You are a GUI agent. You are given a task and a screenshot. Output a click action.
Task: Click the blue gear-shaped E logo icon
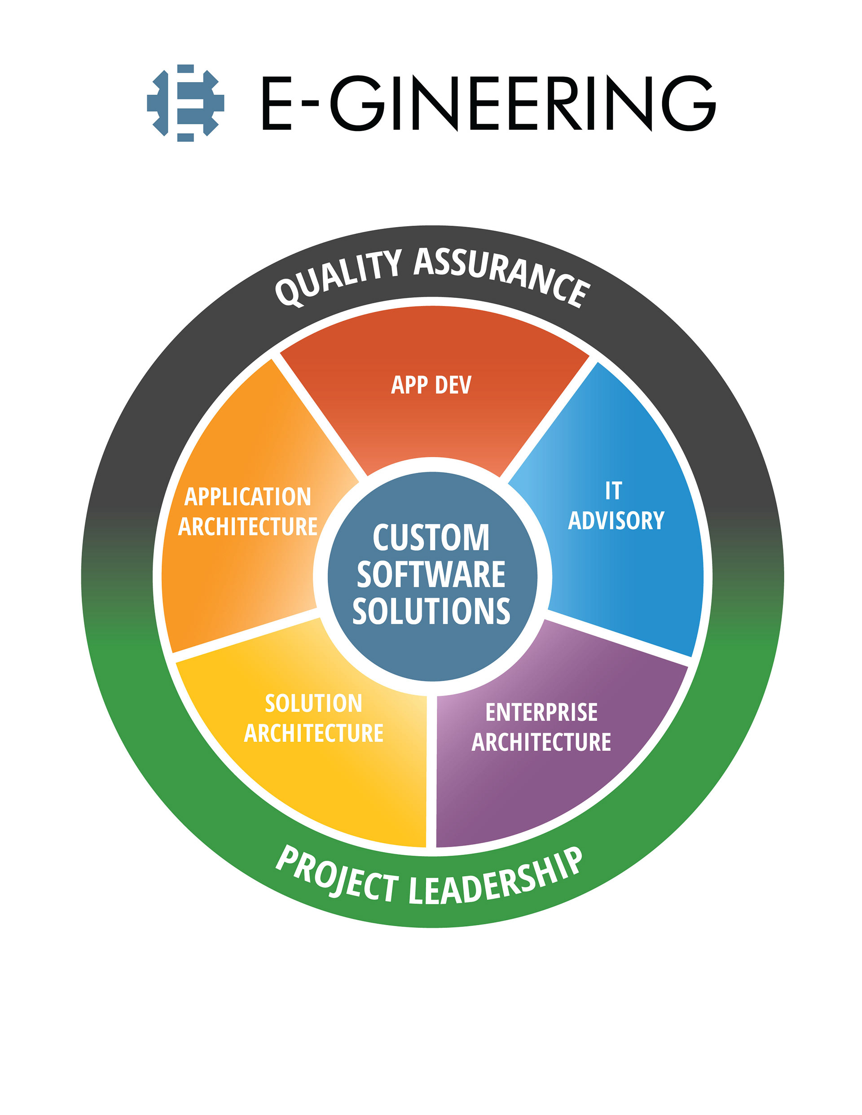(x=185, y=103)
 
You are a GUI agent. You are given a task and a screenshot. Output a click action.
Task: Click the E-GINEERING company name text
(x=488, y=104)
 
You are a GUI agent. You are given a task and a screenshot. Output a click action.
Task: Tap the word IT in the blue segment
(x=613, y=490)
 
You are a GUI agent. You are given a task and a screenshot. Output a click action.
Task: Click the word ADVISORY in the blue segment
(x=616, y=520)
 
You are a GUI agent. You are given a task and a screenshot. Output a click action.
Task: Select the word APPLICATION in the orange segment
(x=248, y=497)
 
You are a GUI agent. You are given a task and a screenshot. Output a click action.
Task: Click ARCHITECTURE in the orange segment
(x=248, y=526)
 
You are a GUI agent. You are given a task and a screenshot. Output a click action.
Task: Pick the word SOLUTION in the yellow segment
(x=314, y=704)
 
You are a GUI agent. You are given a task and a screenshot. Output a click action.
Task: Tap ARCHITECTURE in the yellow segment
(x=314, y=733)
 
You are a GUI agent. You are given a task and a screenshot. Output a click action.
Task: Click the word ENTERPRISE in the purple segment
(x=541, y=712)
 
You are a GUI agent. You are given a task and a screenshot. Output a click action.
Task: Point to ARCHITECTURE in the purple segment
(x=541, y=742)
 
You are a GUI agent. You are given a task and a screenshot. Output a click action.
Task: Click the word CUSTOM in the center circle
(x=431, y=538)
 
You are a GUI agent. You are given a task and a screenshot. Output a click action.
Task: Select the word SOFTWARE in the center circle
(x=431, y=574)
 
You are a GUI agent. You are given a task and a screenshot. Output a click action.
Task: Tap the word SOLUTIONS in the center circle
(x=431, y=611)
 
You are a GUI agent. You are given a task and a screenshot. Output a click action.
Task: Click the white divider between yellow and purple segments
(x=431, y=771)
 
